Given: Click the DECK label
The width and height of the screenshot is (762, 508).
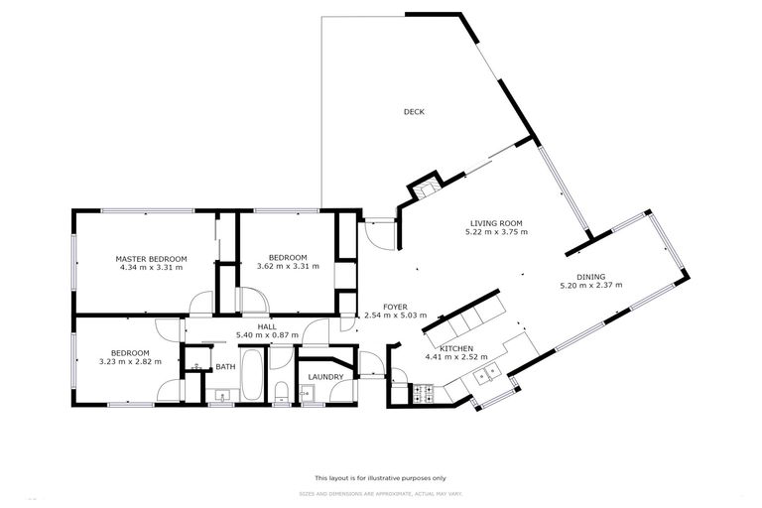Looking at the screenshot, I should [414, 112].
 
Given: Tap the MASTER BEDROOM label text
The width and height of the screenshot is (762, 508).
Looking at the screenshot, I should [151, 259].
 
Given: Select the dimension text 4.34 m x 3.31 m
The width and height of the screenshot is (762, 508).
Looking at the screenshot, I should [151, 268].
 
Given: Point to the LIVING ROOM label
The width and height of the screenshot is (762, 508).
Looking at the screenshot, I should [496, 223].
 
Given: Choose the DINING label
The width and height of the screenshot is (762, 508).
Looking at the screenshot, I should [591, 277].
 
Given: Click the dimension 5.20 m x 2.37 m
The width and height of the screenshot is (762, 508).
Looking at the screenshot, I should [591, 286].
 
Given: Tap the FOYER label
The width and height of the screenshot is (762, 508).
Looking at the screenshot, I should [394, 307].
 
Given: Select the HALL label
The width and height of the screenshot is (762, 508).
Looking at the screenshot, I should [266, 326].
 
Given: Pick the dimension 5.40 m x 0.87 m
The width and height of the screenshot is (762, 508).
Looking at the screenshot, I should [266, 335].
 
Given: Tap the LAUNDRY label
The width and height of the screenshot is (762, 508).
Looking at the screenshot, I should [325, 377].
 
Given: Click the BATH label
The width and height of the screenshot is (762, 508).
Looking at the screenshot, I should [225, 367].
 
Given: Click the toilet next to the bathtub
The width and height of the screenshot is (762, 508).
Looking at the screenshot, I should [282, 389].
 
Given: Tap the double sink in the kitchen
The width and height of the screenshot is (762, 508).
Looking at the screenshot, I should [484, 374].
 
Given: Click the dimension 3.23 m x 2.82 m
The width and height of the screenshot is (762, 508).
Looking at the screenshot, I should [130, 362].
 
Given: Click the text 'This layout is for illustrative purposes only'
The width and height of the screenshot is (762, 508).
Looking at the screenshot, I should [380, 477].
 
